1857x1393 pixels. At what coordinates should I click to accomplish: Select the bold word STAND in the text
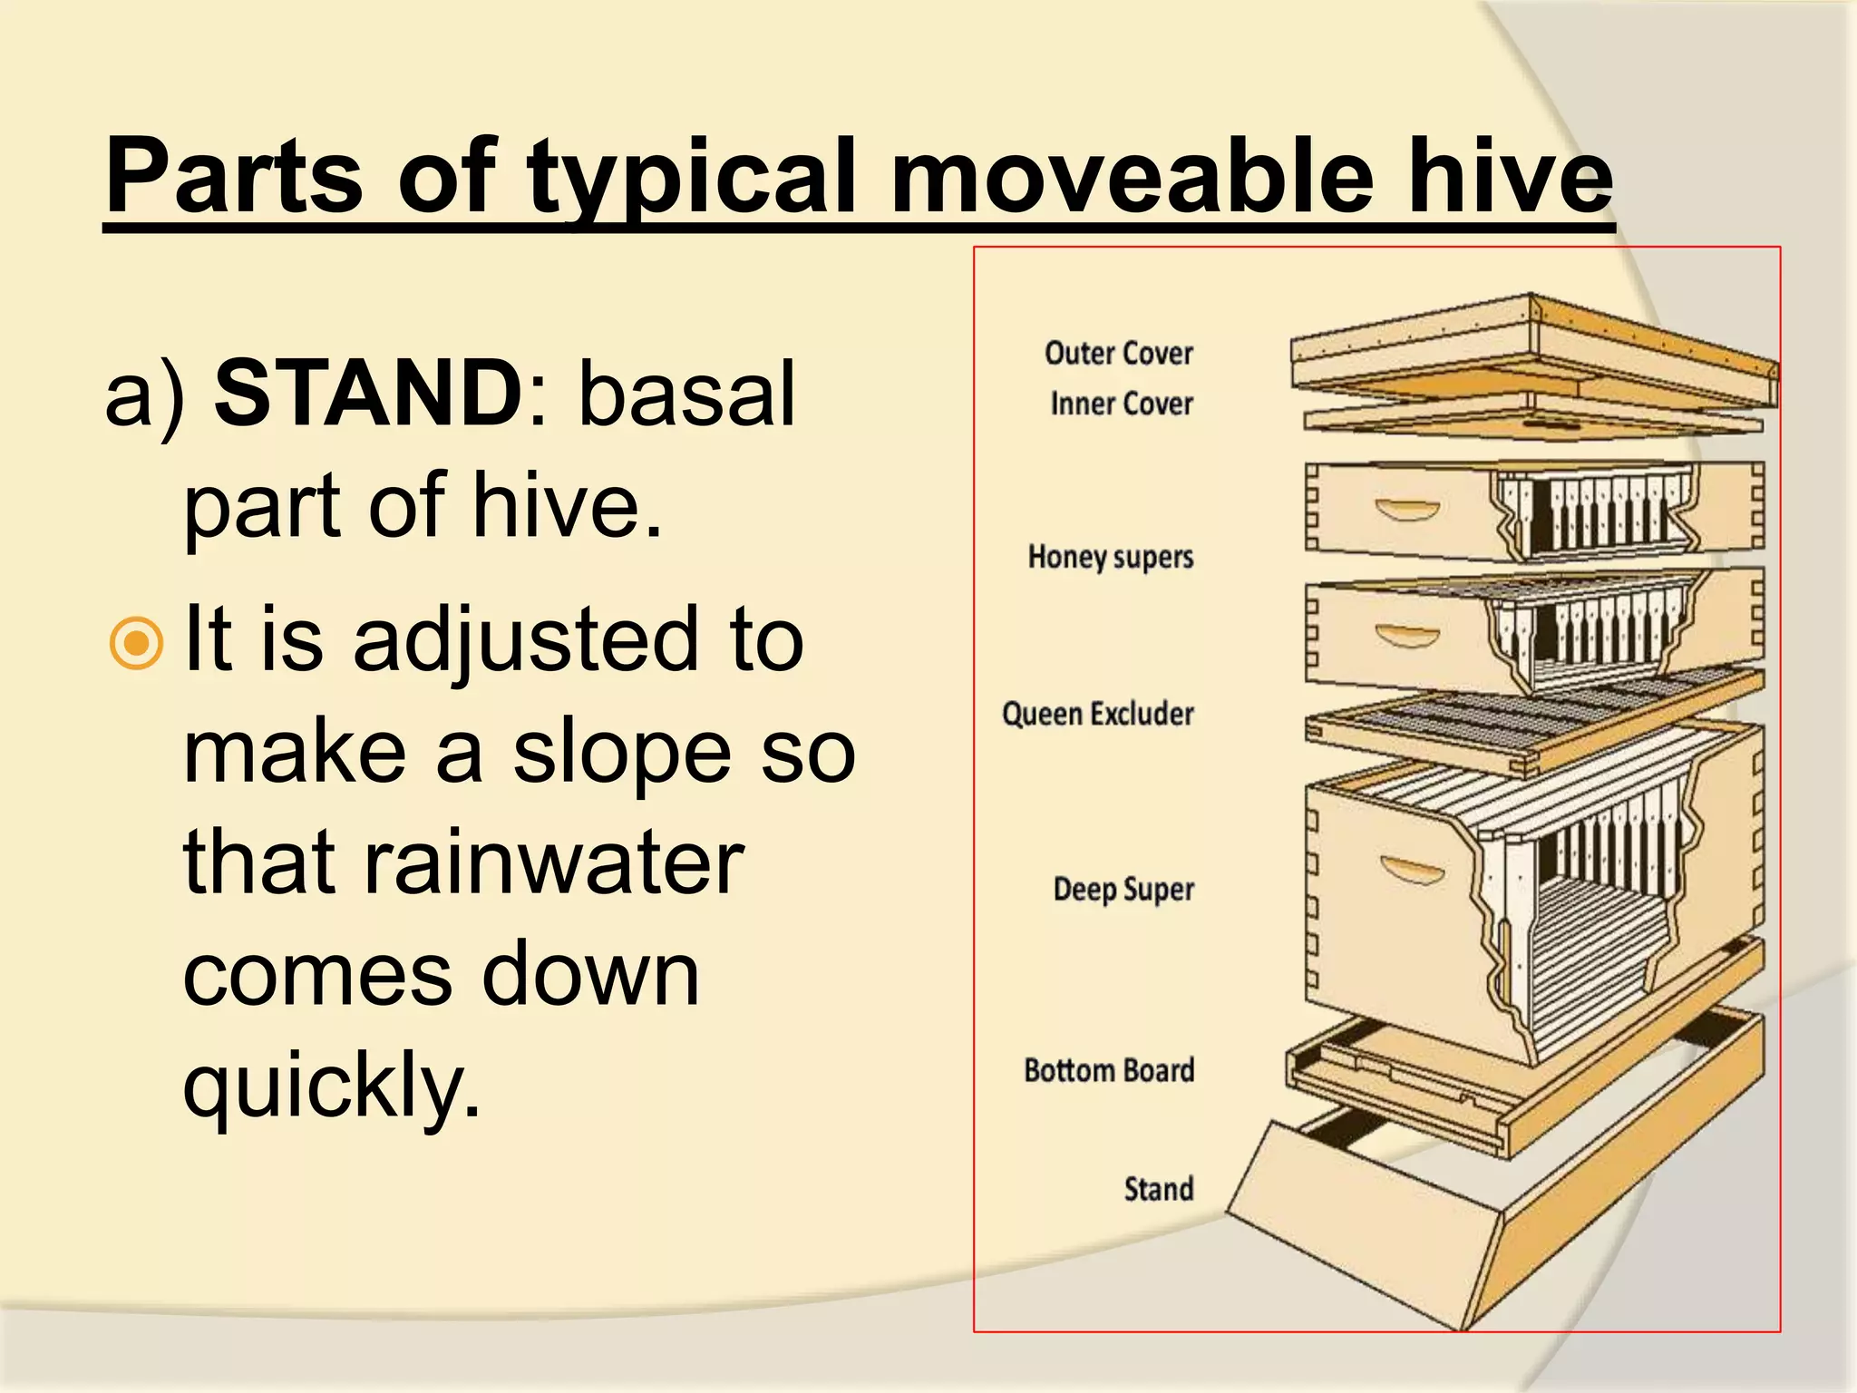tap(367, 393)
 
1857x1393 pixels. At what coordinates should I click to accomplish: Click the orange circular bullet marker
tap(136, 643)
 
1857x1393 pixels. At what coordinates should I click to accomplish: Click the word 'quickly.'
tap(331, 1085)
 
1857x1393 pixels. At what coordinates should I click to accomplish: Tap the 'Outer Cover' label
tap(1118, 353)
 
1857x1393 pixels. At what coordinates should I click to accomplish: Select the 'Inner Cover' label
tap(1121, 404)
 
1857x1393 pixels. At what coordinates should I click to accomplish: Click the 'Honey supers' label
tap(1110, 556)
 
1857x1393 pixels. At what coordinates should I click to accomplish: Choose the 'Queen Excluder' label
tap(1097, 714)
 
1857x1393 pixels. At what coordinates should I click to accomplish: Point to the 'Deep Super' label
tap(1123, 889)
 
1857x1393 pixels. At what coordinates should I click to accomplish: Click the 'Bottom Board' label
tap(1108, 1070)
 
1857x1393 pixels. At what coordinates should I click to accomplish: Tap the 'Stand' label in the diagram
tap(1158, 1188)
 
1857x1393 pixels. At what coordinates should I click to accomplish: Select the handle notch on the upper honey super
tap(1406, 510)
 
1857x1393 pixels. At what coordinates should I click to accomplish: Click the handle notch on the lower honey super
tap(1406, 635)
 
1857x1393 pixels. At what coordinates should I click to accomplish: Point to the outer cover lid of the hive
tap(1532, 349)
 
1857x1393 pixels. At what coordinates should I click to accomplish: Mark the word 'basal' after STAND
tap(686, 393)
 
